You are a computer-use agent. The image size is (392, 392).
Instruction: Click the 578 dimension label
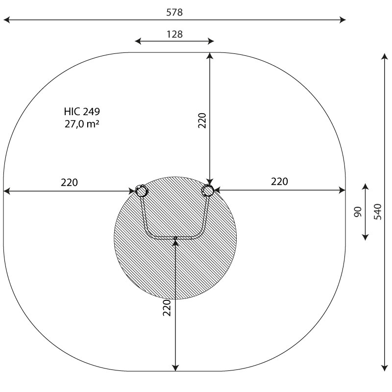coord(174,12)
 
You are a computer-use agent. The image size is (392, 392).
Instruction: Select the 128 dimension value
coord(174,34)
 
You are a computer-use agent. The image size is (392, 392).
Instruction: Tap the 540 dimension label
coord(378,212)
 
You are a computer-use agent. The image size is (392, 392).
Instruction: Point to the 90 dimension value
coord(358,212)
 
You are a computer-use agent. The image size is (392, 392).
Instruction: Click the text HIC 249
coord(82,112)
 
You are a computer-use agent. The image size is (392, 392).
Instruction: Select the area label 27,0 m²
coord(82,124)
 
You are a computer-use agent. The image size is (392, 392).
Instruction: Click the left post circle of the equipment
coord(141,191)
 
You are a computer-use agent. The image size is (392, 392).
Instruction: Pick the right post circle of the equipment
coord(208,191)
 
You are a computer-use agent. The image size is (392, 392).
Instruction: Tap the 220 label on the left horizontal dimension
coord(69,182)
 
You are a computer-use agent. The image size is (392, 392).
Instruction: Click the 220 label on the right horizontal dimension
coord(279,181)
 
